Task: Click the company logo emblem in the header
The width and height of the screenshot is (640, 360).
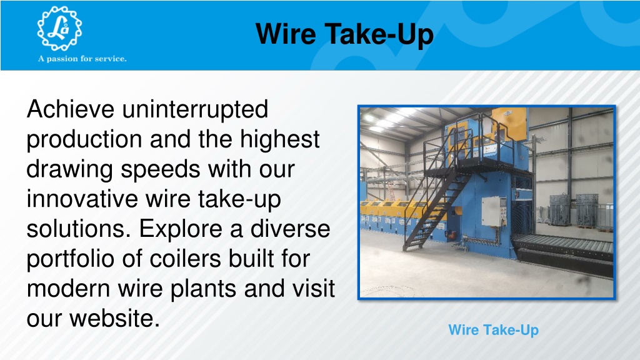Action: coord(59,29)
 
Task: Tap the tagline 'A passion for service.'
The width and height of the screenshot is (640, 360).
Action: coord(82,59)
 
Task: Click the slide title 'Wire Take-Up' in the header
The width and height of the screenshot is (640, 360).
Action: coord(344,34)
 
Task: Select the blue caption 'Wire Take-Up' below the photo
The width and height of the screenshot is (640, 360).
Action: coord(493,330)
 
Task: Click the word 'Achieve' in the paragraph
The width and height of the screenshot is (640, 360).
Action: coord(70,109)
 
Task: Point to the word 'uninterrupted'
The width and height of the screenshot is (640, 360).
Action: coord(195,110)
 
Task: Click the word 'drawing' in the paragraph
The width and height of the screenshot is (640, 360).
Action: coord(69,170)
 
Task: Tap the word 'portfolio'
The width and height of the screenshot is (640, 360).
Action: coord(71,260)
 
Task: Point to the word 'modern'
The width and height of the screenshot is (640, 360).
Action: coord(69,289)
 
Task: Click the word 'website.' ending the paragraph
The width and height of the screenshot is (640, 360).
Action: coord(114,318)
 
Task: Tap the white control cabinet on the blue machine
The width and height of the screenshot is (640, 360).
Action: coord(494,211)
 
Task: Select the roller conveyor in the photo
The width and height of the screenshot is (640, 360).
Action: coord(563,246)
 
